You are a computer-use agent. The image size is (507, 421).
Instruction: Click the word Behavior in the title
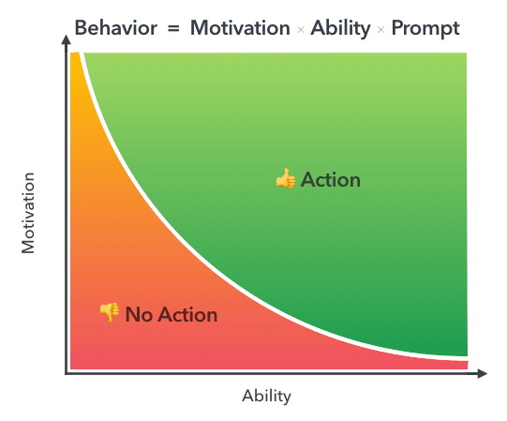pos(116,28)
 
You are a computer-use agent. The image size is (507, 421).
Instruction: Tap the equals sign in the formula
pos(173,28)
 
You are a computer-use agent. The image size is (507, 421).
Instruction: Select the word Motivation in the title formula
pos(240,28)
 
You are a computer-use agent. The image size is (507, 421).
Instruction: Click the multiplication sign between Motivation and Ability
pos(301,29)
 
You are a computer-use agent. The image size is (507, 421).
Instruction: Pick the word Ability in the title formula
pos(340,28)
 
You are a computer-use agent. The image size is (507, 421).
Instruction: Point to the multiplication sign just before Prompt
pos(380,29)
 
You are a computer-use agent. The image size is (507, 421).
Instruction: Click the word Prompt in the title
pos(425,28)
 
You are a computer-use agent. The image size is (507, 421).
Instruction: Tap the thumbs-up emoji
pos(285,178)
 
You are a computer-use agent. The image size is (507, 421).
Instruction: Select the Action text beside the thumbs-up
pos(330,179)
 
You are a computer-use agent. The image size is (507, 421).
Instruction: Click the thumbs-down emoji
pos(110,313)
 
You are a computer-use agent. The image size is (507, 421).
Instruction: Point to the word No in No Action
pos(138,315)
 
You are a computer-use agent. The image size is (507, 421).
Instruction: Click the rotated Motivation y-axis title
pos(28,213)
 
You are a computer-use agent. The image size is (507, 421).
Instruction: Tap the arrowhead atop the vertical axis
pos(66,40)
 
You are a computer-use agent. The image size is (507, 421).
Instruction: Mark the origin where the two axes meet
pos(66,373)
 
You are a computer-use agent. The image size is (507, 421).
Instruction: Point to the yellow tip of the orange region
pos(75,60)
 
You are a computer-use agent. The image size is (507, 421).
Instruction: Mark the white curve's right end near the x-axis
pos(463,358)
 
